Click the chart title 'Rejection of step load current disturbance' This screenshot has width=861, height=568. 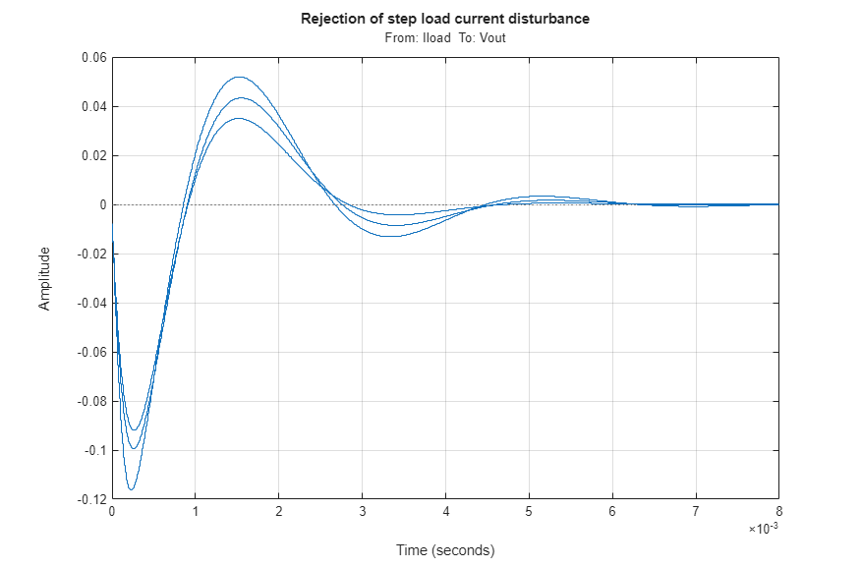[445, 19]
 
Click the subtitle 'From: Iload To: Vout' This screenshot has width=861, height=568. [445, 37]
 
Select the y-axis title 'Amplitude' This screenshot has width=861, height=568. [44, 279]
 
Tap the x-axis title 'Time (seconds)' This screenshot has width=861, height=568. [445, 549]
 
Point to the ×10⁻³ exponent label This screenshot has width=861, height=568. [763, 529]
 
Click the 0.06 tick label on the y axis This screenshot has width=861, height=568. [91, 58]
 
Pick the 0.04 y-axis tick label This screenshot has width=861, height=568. [91, 107]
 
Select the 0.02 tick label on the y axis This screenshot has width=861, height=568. [91, 156]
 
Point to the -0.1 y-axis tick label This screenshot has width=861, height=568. [92, 451]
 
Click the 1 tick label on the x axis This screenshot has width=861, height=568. [195, 512]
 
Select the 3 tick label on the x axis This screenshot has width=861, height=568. [362, 512]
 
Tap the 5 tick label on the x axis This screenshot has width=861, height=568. [529, 512]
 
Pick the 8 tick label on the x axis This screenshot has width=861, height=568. [778, 512]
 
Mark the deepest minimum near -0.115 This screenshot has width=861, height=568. [132, 489]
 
